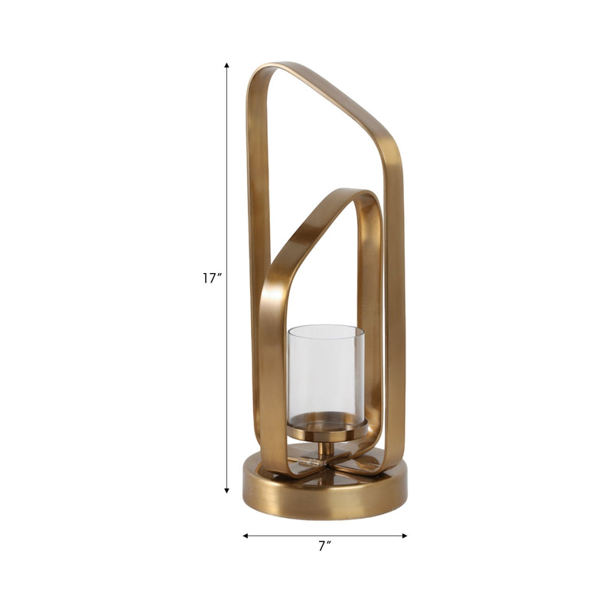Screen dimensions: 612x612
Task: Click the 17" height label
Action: coord(212,279)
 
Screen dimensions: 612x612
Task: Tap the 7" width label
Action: coord(325,546)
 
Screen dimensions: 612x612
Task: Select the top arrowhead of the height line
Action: coord(227,67)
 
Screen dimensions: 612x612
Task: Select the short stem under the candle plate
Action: coord(326,449)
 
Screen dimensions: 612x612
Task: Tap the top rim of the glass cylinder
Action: coord(326,329)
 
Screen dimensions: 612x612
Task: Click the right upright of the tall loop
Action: coord(394,306)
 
